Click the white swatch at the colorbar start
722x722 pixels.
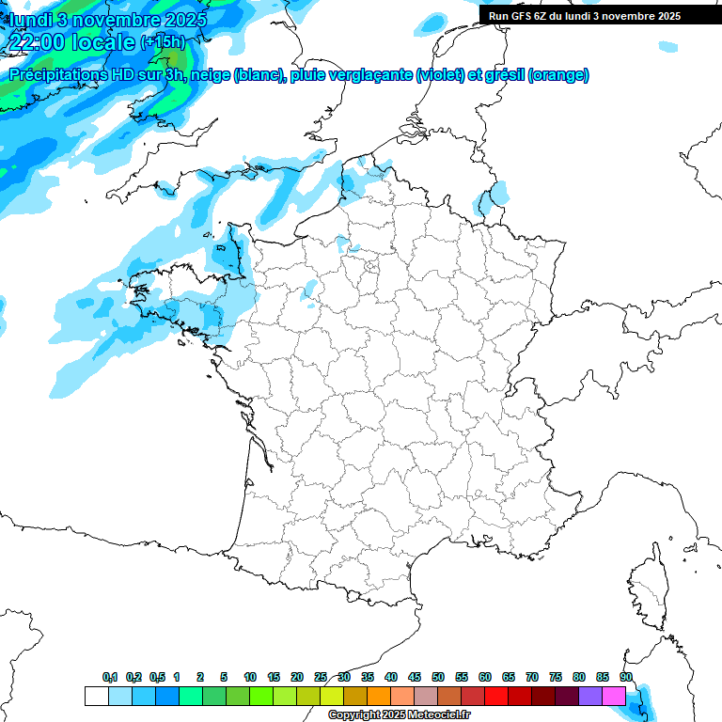click(96, 696)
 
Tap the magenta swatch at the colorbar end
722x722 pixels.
click(614, 696)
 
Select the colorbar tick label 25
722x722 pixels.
click(321, 677)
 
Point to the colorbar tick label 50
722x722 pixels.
click(438, 677)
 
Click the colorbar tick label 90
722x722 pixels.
click(626, 677)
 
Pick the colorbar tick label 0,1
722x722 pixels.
click(109, 677)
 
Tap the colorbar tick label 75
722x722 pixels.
click(556, 677)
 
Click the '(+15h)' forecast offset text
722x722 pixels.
click(163, 42)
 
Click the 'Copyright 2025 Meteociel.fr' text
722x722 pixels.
click(400, 714)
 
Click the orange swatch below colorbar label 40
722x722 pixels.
click(379, 696)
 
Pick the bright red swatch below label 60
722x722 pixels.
click(496, 696)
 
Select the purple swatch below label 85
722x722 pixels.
click(590, 696)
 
